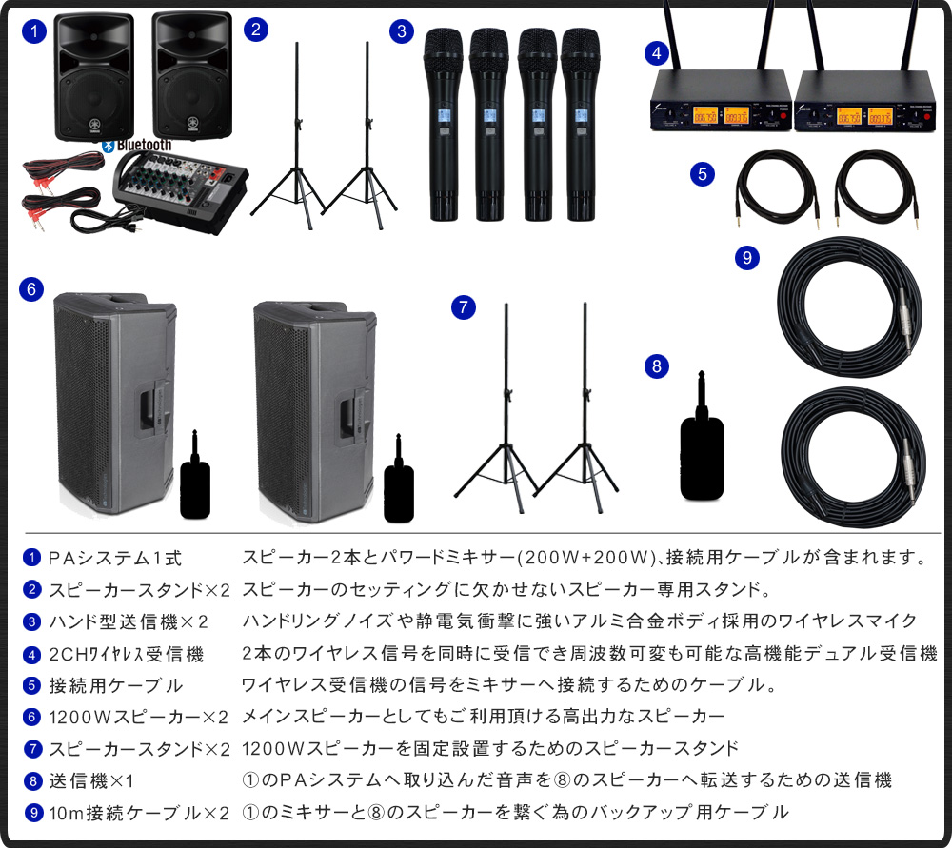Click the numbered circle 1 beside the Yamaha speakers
click(34, 31)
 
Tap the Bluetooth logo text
click(144, 145)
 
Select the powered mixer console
click(180, 190)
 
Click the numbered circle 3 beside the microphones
click(402, 31)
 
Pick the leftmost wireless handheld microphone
click(445, 124)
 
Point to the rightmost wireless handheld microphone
click(581, 124)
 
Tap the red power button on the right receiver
click(926, 115)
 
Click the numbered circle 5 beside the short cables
click(703, 174)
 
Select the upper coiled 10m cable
click(849, 307)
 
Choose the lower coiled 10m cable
click(853, 457)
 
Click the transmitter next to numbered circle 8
click(703, 436)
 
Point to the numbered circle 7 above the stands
click(464, 307)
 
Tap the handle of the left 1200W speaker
click(149, 411)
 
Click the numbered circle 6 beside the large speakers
click(31, 289)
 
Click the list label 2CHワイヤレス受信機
click(127, 655)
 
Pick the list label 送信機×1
click(91, 780)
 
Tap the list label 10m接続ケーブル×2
click(139, 813)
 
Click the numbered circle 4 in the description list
click(31, 655)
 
